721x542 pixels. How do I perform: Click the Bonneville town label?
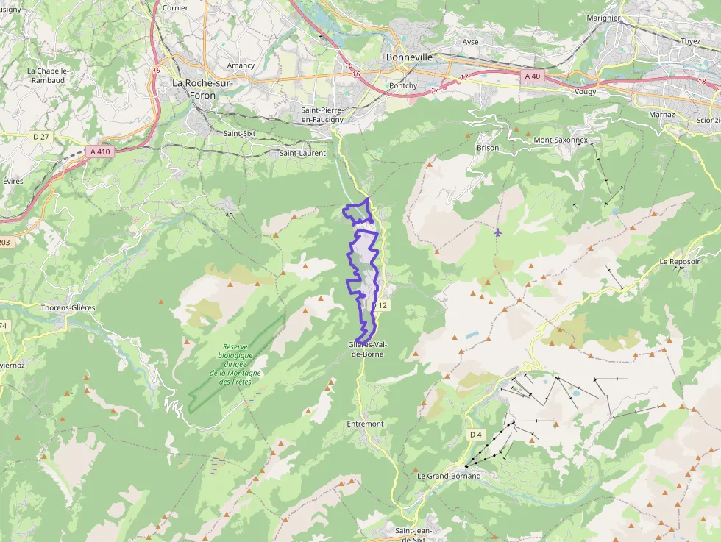point(409,57)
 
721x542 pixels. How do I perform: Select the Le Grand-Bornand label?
point(449,476)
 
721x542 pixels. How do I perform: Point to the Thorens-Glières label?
point(68,307)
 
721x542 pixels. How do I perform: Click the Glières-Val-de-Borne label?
point(366,349)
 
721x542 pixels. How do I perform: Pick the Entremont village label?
point(365,424)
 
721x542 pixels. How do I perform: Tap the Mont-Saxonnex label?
point(561,139)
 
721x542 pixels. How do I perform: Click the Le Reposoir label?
point(679,261)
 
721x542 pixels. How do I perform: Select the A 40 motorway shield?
point(532,76)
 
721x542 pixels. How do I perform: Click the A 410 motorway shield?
point(99,151)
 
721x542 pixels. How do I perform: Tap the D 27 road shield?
point(40,136)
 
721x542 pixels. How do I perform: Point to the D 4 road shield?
point(476,435)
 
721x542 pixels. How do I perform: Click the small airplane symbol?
point(498,232)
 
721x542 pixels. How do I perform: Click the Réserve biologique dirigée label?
point(235,364)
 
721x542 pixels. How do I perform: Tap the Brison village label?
point(487,148)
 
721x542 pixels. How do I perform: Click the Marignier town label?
point(604,18)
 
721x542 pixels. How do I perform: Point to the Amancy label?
point(241,65)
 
